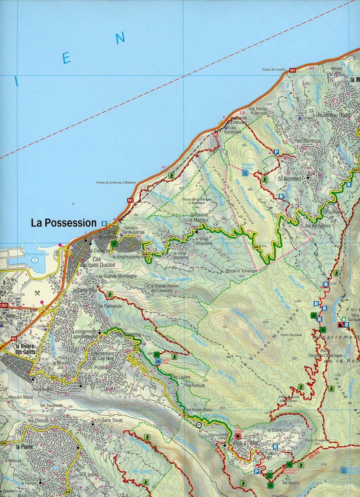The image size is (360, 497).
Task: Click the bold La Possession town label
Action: (x=63, y=223)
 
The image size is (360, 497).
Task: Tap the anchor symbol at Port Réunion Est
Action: (x=34, y=260)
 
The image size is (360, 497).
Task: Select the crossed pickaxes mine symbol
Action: (x=38, y=293)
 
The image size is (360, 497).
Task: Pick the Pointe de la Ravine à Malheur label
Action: (x=116, y=183)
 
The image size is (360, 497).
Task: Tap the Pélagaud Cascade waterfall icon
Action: (x=245, y=173)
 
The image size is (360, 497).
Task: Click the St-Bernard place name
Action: (x=289, y=179)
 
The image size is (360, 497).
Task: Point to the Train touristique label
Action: (x=234, y=130)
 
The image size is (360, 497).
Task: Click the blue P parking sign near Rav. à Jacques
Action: (x=276, y=152)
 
